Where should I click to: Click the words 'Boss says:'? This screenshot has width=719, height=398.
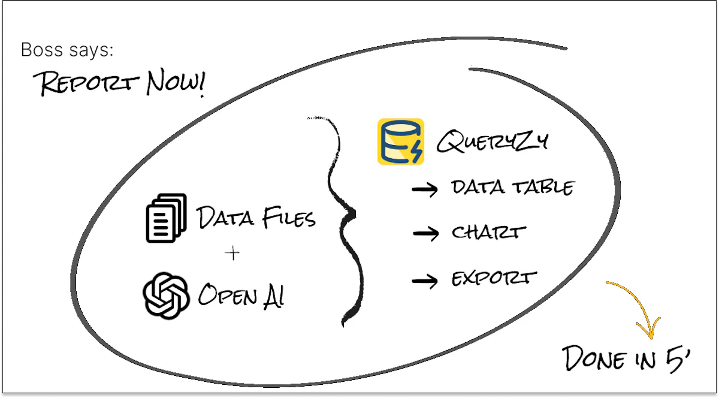67,50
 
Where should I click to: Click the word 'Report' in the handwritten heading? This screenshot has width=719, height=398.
86,83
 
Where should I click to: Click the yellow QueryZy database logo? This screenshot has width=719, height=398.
401,141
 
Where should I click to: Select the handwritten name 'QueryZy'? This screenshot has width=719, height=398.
493,141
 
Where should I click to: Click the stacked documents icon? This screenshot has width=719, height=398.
167,218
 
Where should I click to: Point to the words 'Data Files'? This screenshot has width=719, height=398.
256,218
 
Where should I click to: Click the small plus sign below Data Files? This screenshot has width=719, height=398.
232,254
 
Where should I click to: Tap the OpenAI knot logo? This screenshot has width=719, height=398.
166,296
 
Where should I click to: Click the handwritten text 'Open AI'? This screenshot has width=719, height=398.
241,296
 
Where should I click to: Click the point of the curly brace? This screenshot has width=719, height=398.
354,213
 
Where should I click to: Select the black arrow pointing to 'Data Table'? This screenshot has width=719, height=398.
425,189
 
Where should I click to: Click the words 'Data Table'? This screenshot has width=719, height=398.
513,187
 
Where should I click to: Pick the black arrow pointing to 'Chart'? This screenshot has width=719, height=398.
425,233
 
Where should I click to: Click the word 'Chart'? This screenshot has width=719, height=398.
489,231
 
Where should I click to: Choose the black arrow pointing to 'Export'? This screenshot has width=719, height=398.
425,281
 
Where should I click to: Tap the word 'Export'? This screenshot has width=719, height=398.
494,279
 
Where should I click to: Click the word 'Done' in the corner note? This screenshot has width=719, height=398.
594,358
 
